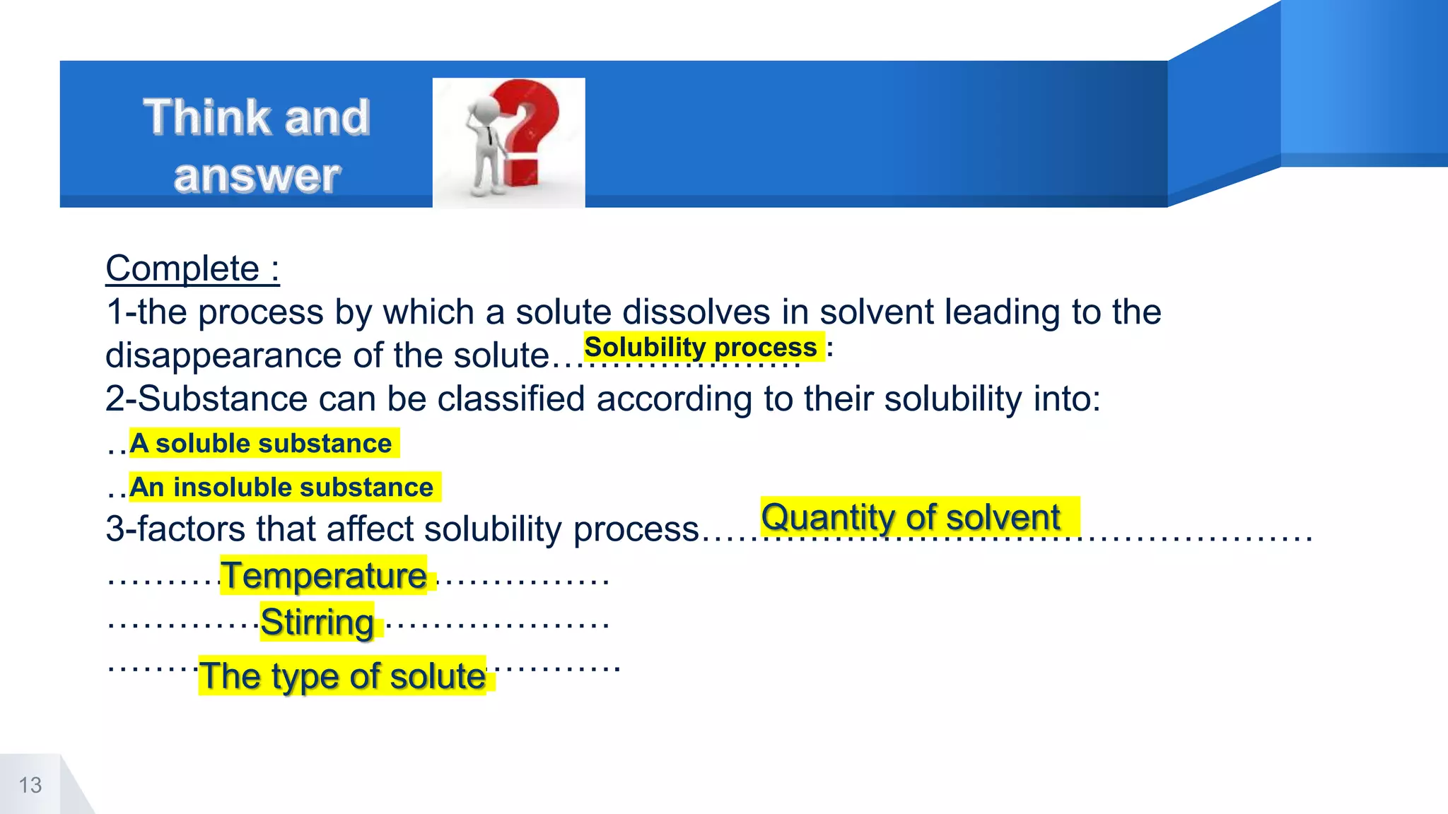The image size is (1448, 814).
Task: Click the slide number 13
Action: click(x=30, y=785)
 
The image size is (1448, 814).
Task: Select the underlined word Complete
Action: click(x=182, y=269)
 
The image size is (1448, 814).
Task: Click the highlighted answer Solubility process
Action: click(x=701, y=347)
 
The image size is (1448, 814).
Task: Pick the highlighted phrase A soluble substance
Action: click(x=261, y=443)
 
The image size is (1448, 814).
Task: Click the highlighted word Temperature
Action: click(x=324, y=575)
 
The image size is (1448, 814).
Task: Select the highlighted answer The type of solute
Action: click(x=342, y=676)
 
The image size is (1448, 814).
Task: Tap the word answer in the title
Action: click(x=257, y=175)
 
